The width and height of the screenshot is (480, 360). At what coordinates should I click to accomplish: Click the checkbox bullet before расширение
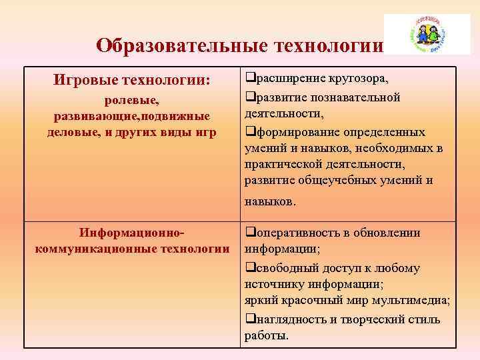point(249,79)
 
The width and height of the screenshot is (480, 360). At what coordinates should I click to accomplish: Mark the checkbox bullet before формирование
point(249,131)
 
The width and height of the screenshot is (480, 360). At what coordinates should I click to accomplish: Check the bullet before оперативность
point(249,233)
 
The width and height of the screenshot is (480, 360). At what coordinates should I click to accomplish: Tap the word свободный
point(282,268)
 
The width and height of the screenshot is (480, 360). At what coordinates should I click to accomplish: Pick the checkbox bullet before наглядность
point(249,319)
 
